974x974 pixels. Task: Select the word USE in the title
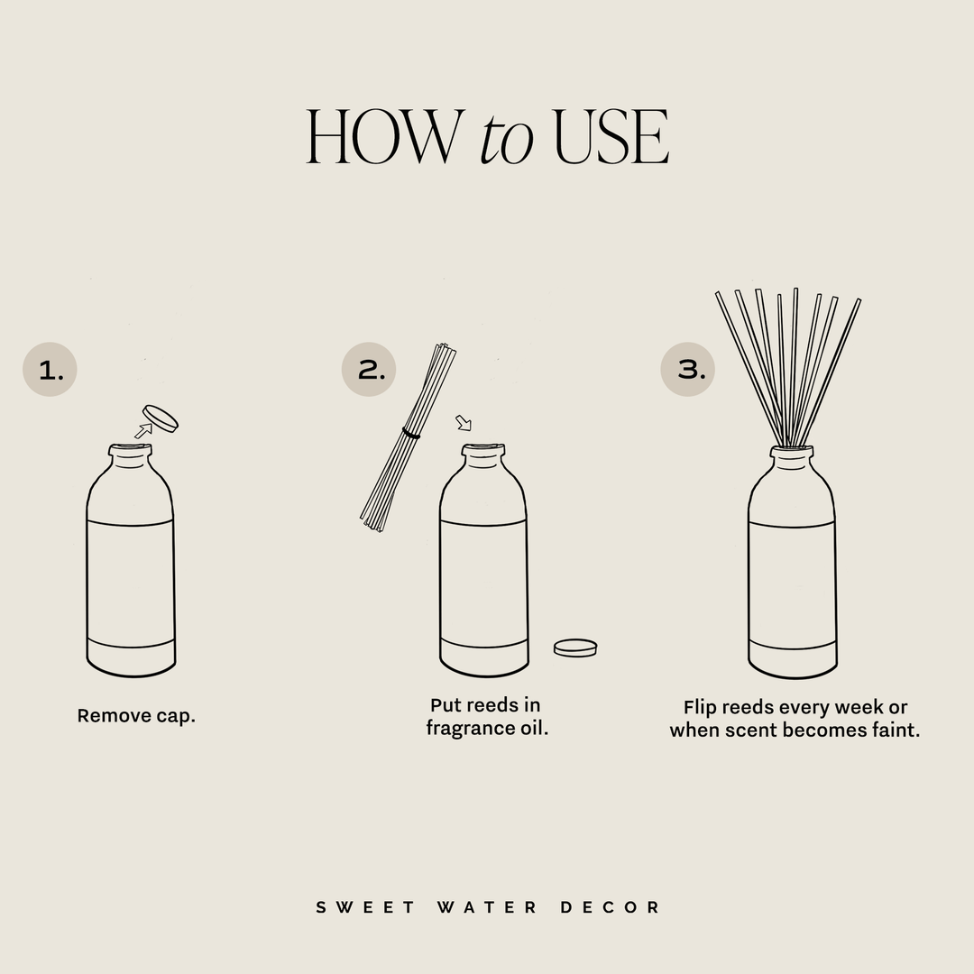tap(611, 138)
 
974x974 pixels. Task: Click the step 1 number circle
tap(50, 370)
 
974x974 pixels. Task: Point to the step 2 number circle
tap(369, 370)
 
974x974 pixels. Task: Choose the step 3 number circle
tap(688, 370)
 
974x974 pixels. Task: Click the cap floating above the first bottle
tap(161, 418)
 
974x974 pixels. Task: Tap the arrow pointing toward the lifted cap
tap(142, 431)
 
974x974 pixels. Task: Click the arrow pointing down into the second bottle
tap(463, 423)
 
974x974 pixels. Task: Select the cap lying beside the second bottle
tap(575, 648)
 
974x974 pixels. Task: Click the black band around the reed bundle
tap(411, 435)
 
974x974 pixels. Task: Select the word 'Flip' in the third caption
tap(700, 708)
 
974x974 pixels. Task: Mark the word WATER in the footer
tap(488, 907)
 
